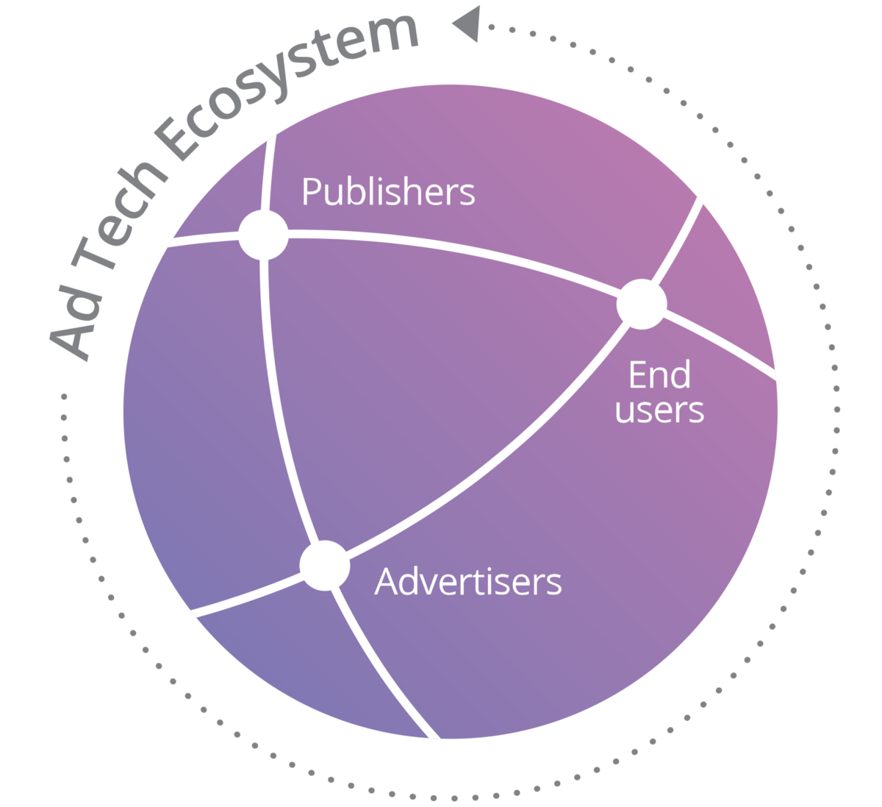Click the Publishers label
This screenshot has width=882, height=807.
(x=388, y=193)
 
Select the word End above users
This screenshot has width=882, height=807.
(x=659, y=374)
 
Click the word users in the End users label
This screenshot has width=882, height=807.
(x=659, y=410)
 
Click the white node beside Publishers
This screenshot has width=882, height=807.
(x=263, y=235)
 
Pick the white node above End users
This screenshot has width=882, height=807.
(x=642, y=304)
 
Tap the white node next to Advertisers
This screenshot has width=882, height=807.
(x=325, y=565)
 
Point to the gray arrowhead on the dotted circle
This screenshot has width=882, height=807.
(x=468, y=24)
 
